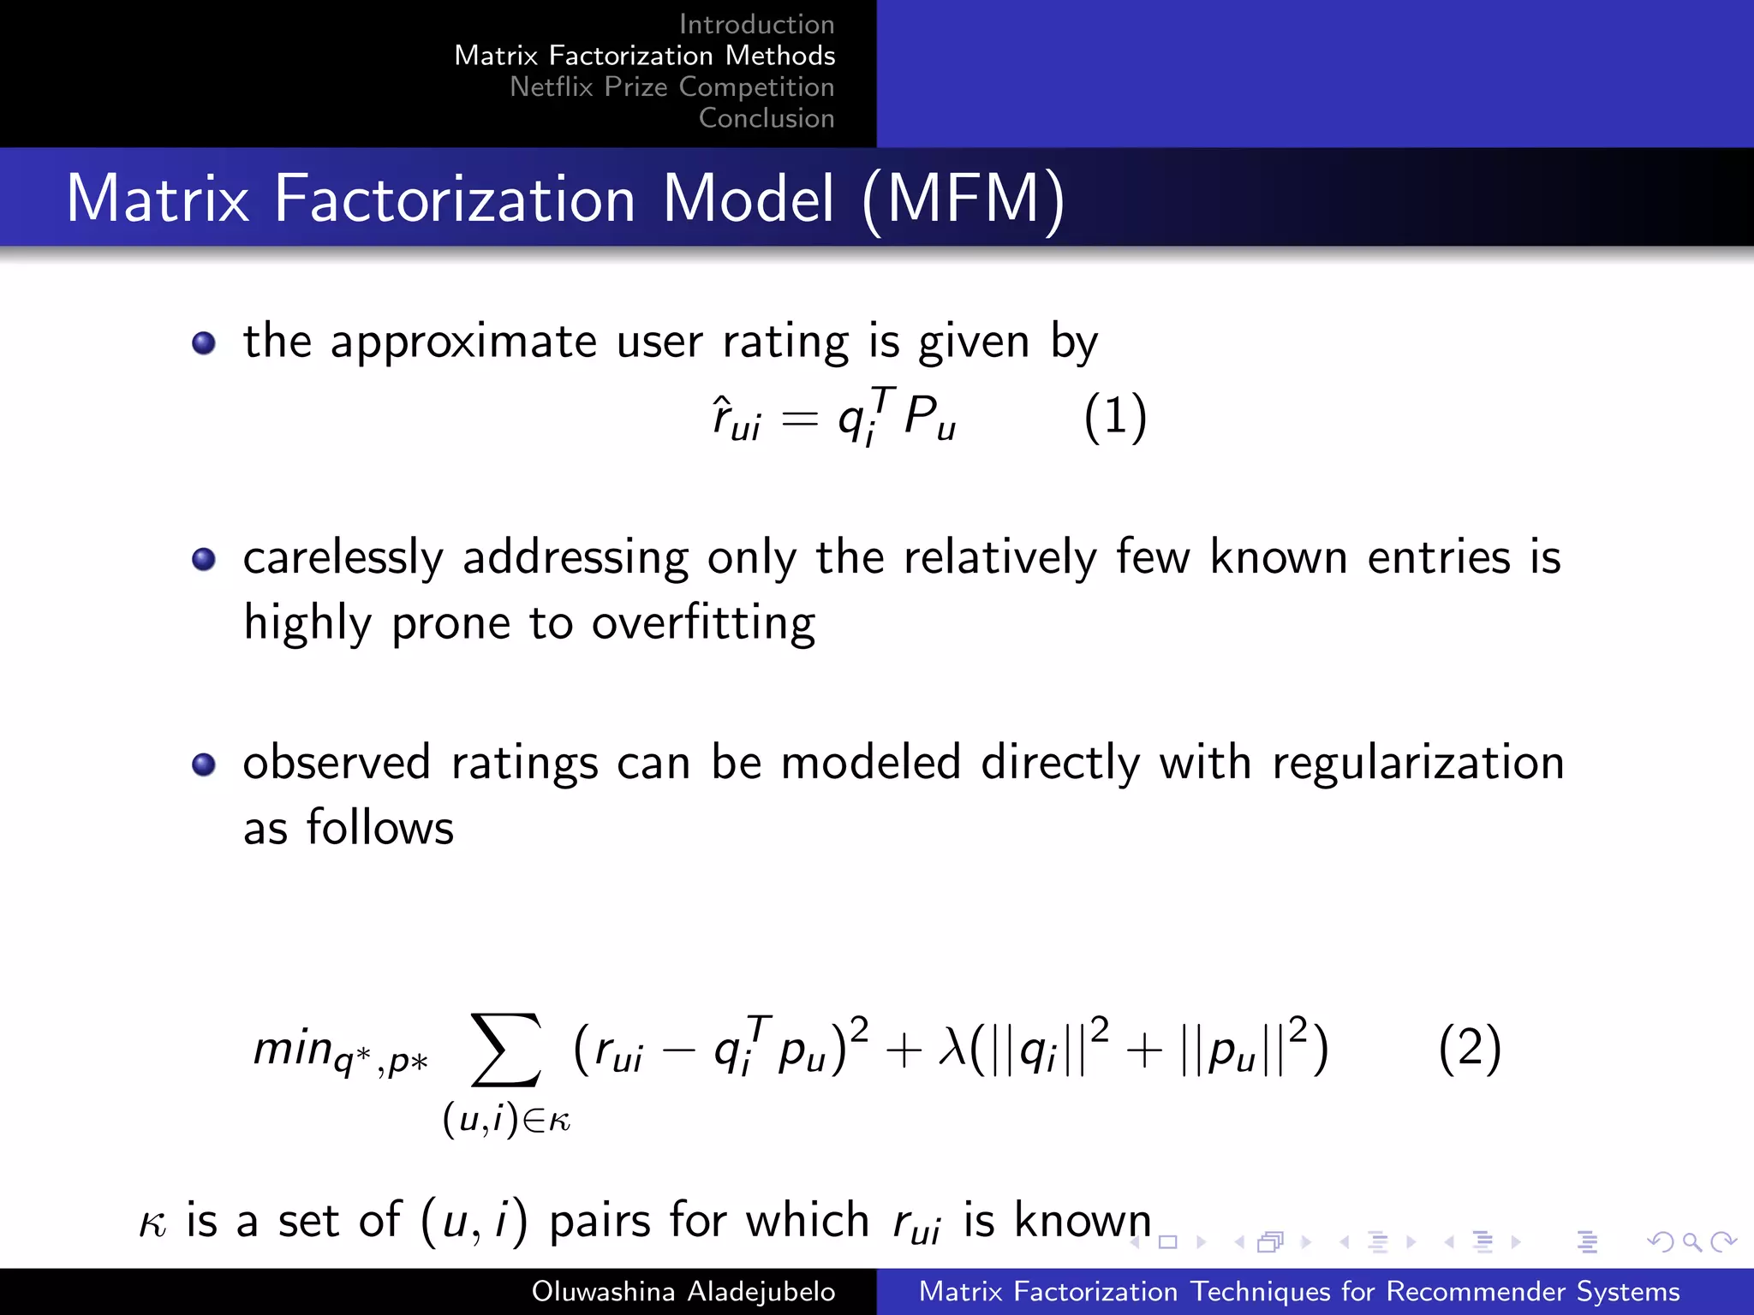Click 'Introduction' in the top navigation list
[x=756, y=24]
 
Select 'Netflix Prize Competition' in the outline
[x=671, y=86]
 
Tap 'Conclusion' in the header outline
[x=767, y=118]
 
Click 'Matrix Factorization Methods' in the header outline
[x=644, y=56]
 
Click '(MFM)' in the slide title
[x=964, y=199]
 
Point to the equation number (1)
[x=1115, y=419]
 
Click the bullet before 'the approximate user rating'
[x=204, y=343]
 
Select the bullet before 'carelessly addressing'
[x=204, y=560]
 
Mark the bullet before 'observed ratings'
[x=204, y=765]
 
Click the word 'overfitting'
[x=703, y=622]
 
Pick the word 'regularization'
[x=1418, y=764]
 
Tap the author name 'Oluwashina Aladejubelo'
[x=683, y=1291]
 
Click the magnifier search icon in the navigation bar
[x=1691, y=1241]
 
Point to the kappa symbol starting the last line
[x=152, y=1223]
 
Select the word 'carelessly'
[x=343, y=559]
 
